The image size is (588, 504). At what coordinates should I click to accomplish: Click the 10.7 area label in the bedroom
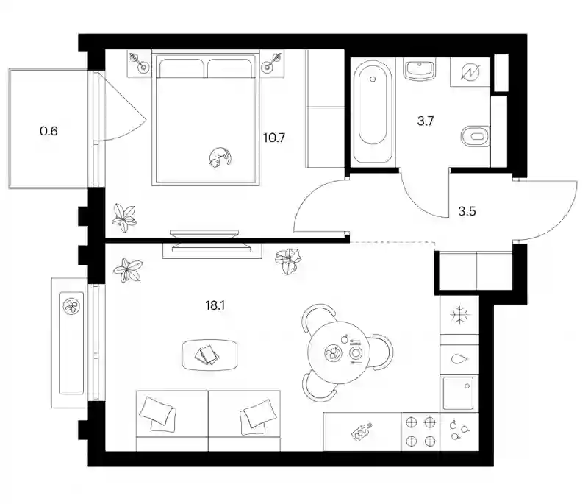pyautogui.click(x=274, y=138)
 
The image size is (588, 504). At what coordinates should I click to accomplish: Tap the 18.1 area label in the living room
pyautogui.click(x=215, y=305)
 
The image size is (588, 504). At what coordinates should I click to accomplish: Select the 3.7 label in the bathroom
pyautogui.click(x=426, y=121)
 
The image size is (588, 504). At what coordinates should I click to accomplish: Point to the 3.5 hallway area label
pyautogui.click(x=467, y=211)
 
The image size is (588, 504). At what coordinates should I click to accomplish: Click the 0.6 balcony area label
pyautogui.click(x=49, y=131)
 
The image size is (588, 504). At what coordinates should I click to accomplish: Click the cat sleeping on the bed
pyautogui.click(x=219, y=157)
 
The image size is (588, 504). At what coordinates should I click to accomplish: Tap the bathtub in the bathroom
pyautogui.click(x=373, y=111)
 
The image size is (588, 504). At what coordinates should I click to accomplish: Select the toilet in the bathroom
pyautogui.click(x=475, y=136)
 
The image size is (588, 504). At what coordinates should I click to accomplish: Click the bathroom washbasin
pyautogui.click(x=420, y=69)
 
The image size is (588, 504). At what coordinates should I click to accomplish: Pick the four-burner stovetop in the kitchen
pyautogui.click(x=420, y=432)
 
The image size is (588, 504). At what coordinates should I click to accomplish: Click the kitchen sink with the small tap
pyautogui.click(x=458, y=393)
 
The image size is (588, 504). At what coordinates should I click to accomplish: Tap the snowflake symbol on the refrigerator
pyautogui.click(x=460, y=314)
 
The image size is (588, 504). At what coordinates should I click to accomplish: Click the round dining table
pyautogui.click(x=339, y=352)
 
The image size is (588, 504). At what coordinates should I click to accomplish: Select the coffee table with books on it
pyautogui.click(x=210, y=355)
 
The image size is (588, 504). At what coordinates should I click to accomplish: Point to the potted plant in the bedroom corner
pyautogui.click(x=124, y=218)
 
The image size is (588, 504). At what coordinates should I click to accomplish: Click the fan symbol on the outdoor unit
pyautogui.click(x=71, y=305)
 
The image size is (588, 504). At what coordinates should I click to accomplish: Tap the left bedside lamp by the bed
pyautogui.click(x=139, y=63)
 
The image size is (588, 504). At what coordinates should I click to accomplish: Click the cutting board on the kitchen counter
pyautogui.click(x=362, y=431)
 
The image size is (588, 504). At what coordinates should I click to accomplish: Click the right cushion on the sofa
pyautogui.click(x=257, y=415)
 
